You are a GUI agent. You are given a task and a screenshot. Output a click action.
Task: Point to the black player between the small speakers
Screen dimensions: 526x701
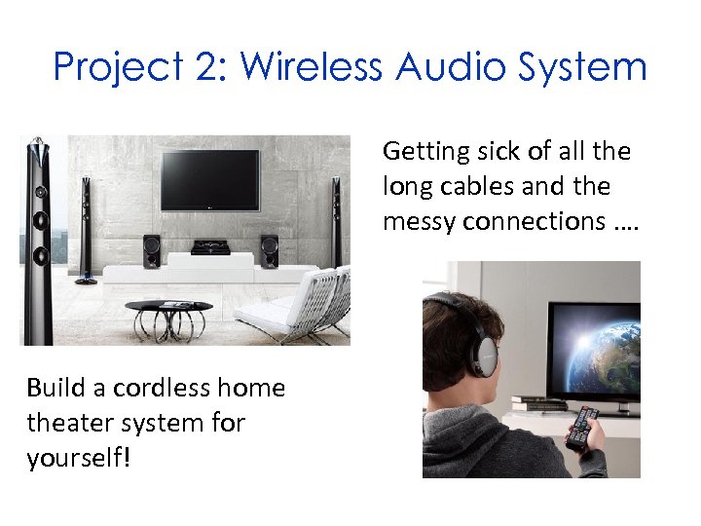(210, 247)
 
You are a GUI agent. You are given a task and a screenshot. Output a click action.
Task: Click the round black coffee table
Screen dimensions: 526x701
(169, 309)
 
